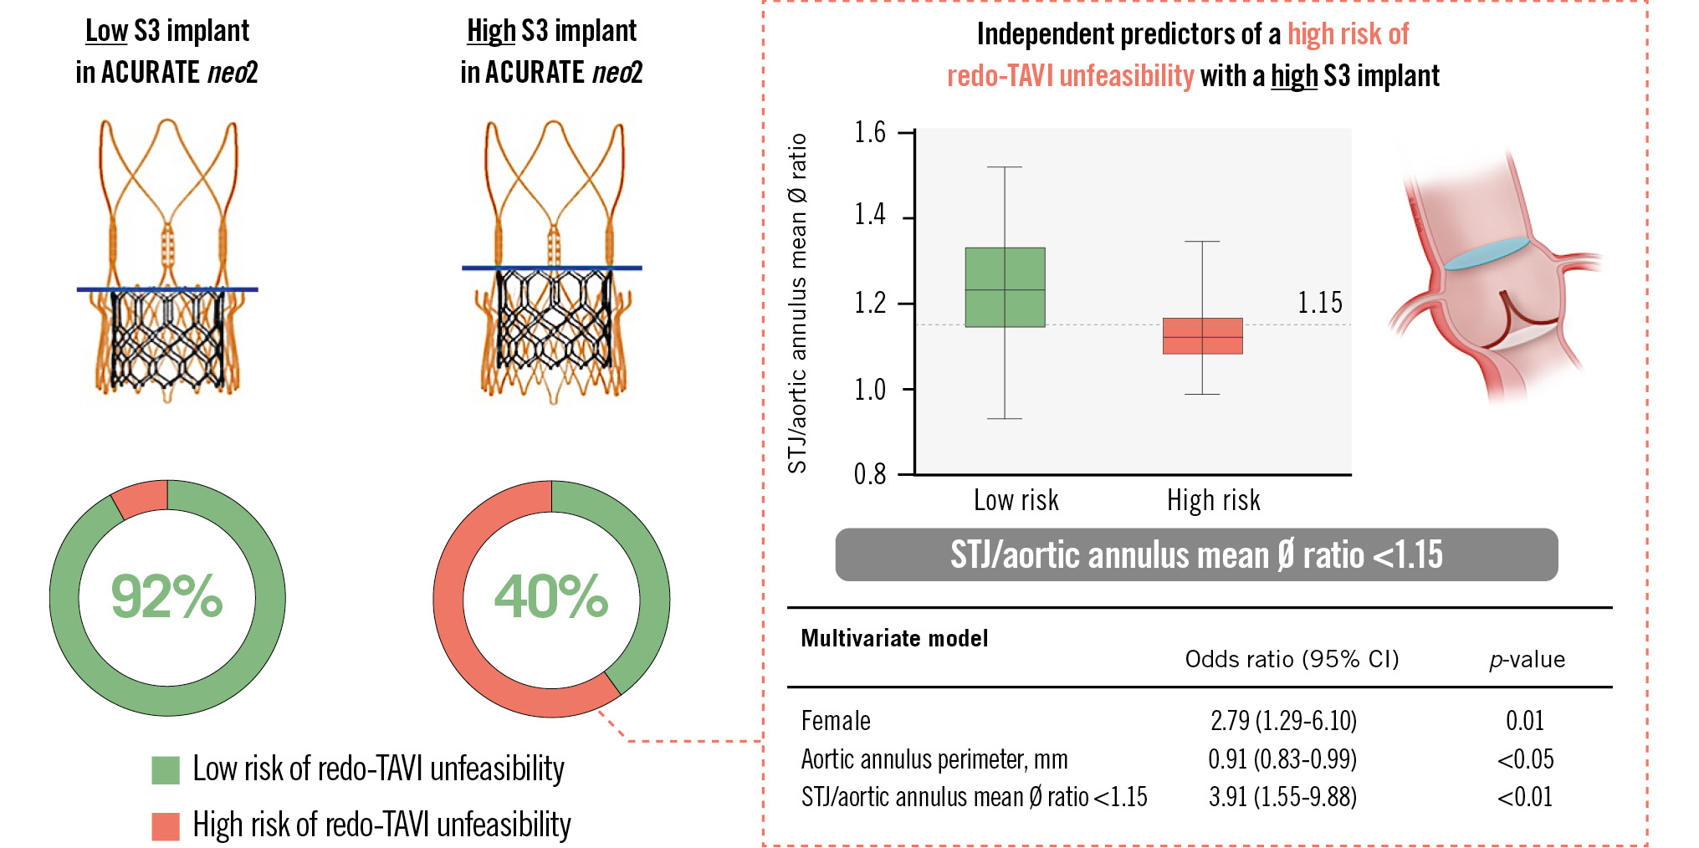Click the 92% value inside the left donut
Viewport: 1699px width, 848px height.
[166, 597]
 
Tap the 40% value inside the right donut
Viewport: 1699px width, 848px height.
[551, 597]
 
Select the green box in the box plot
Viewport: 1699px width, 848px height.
[1005, 287]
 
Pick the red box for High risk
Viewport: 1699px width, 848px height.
[1202, 336]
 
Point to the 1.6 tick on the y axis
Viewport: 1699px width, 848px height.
[870, 133]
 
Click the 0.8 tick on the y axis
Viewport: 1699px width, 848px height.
[870, 475]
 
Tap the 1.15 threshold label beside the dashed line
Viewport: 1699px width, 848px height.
[1319, 303]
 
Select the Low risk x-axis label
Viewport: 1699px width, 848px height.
[1016, 500]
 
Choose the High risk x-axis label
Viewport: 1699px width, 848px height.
[1213, 500]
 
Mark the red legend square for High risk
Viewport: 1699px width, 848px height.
[166, 826]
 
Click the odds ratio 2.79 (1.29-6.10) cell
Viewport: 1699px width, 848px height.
[1283, 720]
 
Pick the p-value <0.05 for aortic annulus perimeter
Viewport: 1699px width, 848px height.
[1525, 759]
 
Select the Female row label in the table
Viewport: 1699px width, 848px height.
[836, 721]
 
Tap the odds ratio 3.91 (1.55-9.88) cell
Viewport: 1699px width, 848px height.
[1282, 797]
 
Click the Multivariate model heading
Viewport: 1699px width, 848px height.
[894, 639]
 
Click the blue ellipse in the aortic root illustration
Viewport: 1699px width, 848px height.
[1486, 252]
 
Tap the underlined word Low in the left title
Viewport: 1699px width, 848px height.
[106, 31]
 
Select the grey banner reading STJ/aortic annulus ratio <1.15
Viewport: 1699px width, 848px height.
[1196, 554]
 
